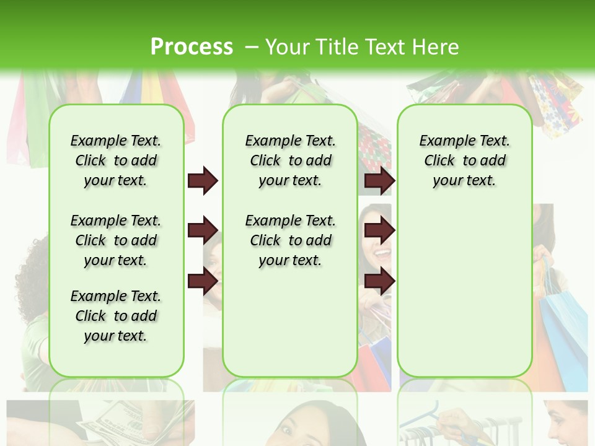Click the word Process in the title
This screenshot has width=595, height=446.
pyautogui.click(x=192, y=47)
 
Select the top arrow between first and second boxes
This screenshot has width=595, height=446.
pyautogui.click(x=203, y=181)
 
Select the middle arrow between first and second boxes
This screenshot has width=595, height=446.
pyautogui.click(x=203, y=231)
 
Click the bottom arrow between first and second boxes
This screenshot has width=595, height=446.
pyautogui.click(x=203, y=282)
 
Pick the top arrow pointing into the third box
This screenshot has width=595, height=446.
pyautogui.click(x=379, y=181)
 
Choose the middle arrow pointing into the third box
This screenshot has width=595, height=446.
pyautogui.click(x=379, y=231)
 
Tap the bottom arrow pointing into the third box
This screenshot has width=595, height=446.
pyautogui.click(x=379, y=282)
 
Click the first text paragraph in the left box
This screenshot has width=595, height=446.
pyautogui.click(x=116, y=160)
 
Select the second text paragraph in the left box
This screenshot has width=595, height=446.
pyautogui.click(x=116, y=240)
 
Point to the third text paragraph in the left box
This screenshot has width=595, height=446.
pyautogui.click(x=116, y=316)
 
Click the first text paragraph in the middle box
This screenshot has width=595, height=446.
pyautogui.click(x=290, y=160)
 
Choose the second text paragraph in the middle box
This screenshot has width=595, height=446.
pyautogui.click(x=290, y=240)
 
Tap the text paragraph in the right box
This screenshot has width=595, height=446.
pyautogui.click(x=464, y=160)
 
